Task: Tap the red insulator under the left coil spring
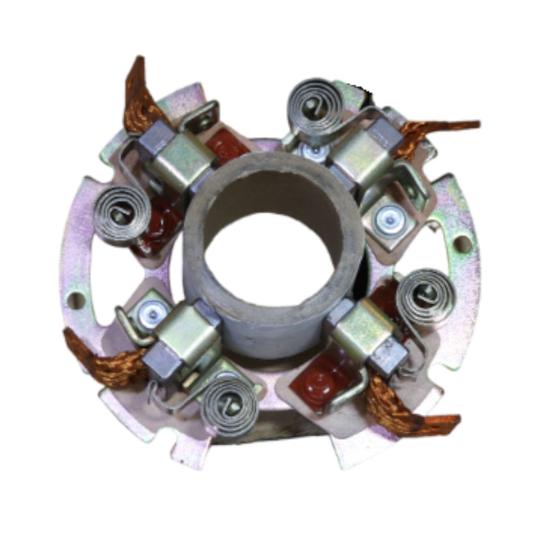coord(154,234)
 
